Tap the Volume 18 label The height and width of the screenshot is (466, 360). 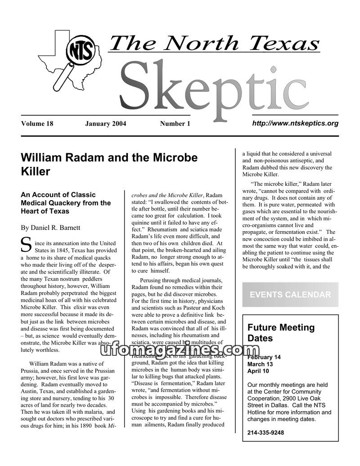pyautogui.click(x=37, y=124)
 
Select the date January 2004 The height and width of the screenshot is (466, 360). pyautogui.click(x=105, y=124)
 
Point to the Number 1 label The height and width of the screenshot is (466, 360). pyautogui.click(x=175, y=124)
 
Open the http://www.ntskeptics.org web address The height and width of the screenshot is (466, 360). pyautogui.click(x=295, y=123)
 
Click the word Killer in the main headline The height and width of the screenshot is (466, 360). pyautogui.click(x=36, y=171)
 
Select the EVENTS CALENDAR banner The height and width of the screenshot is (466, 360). pyautogui.click(x=290, y=295)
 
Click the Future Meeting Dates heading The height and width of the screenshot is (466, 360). pyautogui.click(x=281, y=332)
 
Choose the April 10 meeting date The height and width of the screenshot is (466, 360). pyautogui.click(x=258, y=371)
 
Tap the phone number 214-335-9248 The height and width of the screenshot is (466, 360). pyautogui.click(x=265, y=433)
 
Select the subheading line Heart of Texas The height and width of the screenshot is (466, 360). pyautogui.click(x=45, y=211)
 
